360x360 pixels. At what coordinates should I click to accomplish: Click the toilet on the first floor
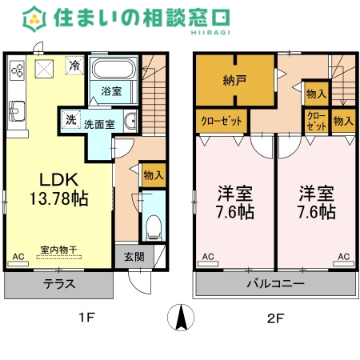(154, 227)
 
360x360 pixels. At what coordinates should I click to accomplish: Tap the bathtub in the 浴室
(113, 69)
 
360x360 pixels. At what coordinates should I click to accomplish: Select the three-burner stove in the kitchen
(18, 70)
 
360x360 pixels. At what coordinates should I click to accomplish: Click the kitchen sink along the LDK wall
(17, 111)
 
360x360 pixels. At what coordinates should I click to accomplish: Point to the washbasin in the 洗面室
(130, 121)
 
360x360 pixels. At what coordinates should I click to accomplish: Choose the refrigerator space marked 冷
(74, 66)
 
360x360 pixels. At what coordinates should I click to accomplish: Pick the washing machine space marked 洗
(70, 119)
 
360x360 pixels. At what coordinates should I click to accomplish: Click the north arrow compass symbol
(181, 318)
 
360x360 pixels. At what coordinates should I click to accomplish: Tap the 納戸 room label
(234, 80)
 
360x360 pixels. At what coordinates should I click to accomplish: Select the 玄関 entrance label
(134, 257)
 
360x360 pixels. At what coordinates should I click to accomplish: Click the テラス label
(59, 284)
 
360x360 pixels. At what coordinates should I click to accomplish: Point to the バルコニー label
(275, 283)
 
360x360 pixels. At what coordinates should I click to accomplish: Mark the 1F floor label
(87, 318)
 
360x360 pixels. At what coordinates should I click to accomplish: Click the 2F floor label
(276, 318)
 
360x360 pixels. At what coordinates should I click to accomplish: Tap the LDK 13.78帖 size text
(59, 189)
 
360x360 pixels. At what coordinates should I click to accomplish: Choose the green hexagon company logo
(34, 19)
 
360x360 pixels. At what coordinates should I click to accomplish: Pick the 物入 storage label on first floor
(154, 175)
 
